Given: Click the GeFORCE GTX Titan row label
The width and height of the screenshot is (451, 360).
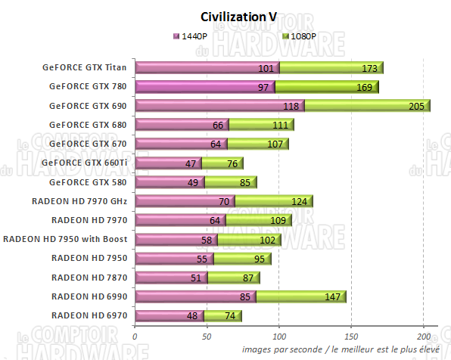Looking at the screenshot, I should point(88,67).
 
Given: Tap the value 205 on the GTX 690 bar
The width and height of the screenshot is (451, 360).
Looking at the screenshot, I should point(415,106).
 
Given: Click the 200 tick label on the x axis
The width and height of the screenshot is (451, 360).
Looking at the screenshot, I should point(424,335).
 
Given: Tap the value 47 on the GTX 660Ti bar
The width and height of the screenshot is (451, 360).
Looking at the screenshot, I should point(191,163).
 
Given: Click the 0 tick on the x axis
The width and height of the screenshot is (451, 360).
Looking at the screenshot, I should point(135,335).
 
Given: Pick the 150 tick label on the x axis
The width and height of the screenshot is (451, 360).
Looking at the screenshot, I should point(351,335).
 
